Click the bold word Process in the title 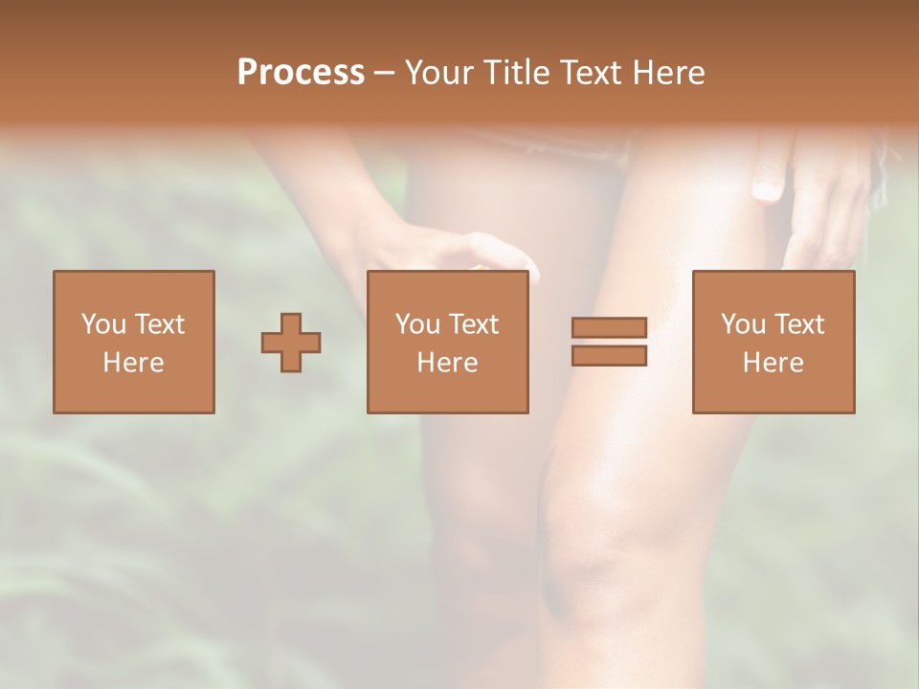pos(301,73)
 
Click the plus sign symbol pos(291,343)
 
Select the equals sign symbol pos(609,342)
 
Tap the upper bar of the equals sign pos(609,327)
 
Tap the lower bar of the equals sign pos(609,356)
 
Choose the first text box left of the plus pos(134,342)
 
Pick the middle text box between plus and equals pos(448,342)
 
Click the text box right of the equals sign pos(773,342)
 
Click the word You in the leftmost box pos(103,324)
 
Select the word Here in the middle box pos(448,363)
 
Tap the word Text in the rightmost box pos(796,324)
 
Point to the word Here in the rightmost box pos(773,363)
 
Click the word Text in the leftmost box pos(158,324)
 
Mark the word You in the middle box pos(417,324)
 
